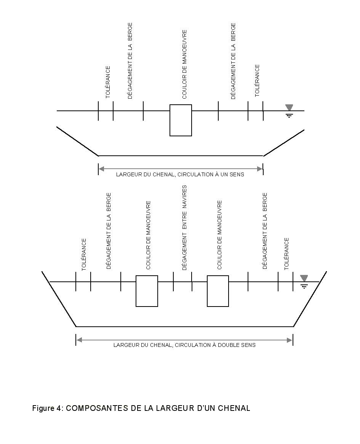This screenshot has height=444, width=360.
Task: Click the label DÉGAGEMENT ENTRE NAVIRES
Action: coord(184,228)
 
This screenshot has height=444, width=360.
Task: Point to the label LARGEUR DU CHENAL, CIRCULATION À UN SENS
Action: coord(180,174)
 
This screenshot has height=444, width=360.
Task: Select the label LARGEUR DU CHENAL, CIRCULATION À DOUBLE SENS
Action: coord(184,345)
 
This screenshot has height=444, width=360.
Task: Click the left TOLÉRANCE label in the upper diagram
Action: coord(108,82)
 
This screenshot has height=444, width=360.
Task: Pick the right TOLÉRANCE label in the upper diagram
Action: coord(257,81)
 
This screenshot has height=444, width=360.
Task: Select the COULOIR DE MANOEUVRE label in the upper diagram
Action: coord(184,64)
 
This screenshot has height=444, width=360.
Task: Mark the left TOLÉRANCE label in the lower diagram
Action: coord(84,255)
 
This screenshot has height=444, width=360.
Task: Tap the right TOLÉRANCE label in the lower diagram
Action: coord(286,254)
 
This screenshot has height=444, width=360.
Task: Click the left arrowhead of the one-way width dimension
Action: coord(101,169)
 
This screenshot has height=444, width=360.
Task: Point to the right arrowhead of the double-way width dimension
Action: coord(290,340)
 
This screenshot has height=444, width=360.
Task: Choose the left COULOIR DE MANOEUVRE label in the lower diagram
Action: coord(148,235)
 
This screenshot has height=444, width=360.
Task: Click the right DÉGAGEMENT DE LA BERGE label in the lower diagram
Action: coord(264,231)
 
